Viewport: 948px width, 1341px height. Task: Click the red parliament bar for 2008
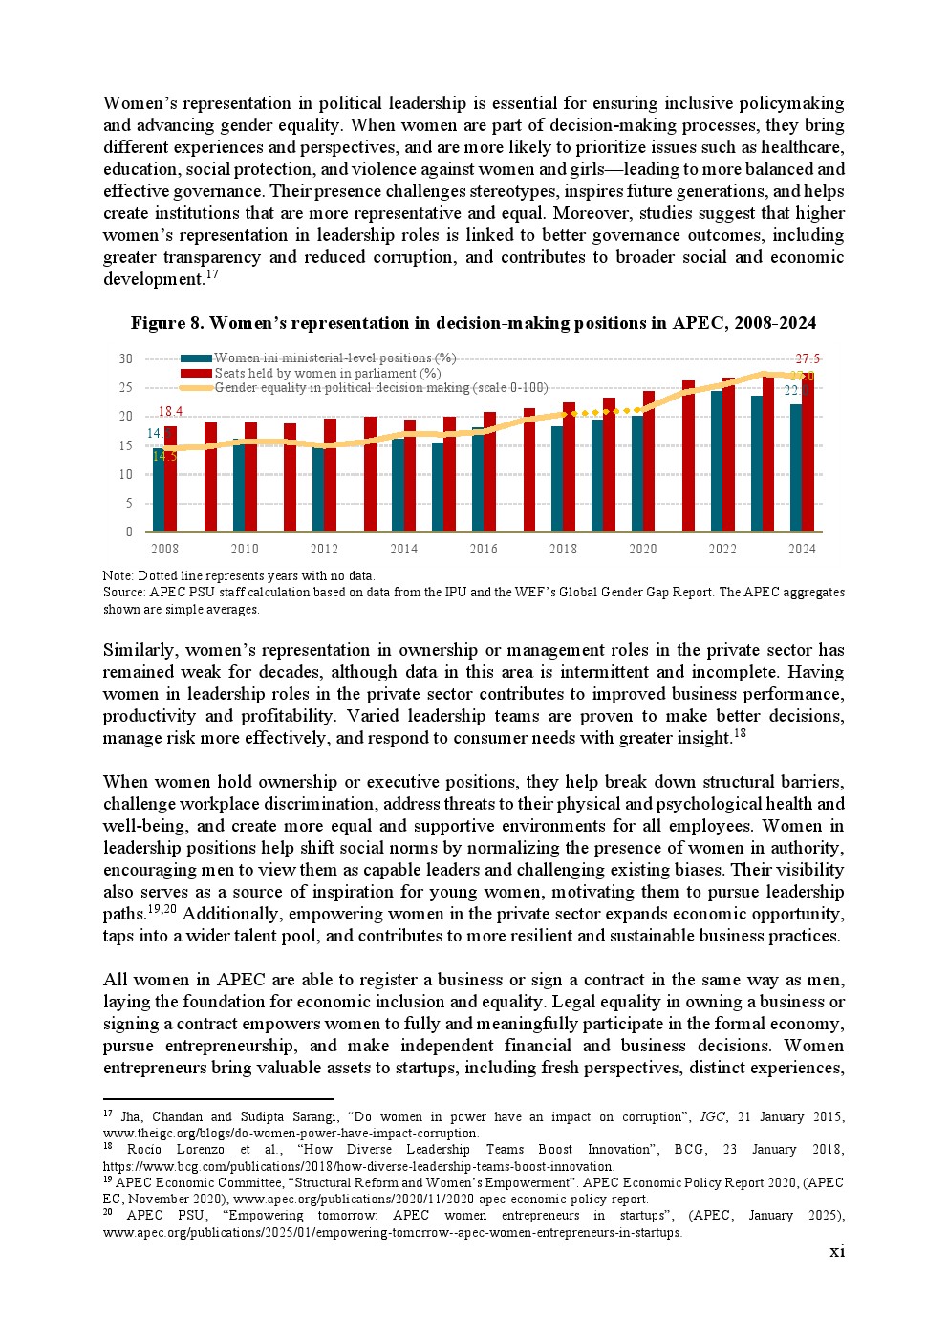click(171, 479)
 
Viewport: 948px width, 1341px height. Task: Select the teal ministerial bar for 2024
click(796, 468)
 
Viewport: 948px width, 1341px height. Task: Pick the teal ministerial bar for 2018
click(557, 479)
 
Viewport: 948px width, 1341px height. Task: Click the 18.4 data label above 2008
click(170, 412)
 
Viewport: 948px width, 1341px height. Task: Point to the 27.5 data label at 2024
click(808, 359)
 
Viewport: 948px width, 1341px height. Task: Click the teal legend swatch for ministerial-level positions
click(196, 358)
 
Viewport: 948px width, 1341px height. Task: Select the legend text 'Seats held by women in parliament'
click(327, 373)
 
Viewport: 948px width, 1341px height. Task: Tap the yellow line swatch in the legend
click(196, 387)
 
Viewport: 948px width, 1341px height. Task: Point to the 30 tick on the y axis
click(126, 358)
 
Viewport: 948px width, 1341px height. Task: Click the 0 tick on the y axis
click(129, 531)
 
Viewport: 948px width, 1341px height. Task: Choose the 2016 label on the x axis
click(484, 549)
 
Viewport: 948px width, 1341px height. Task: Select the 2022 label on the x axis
click(722, 549)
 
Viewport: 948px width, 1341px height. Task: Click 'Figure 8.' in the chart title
click(166, 323)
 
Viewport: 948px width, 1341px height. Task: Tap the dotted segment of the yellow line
click(602, 412)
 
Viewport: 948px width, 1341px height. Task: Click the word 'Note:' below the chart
click(118, 575)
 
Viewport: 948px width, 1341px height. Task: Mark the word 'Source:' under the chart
click(124, 592)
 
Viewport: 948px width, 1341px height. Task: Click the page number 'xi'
click(837, 1251)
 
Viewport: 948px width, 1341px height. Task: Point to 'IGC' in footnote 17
click(712, 1116)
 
